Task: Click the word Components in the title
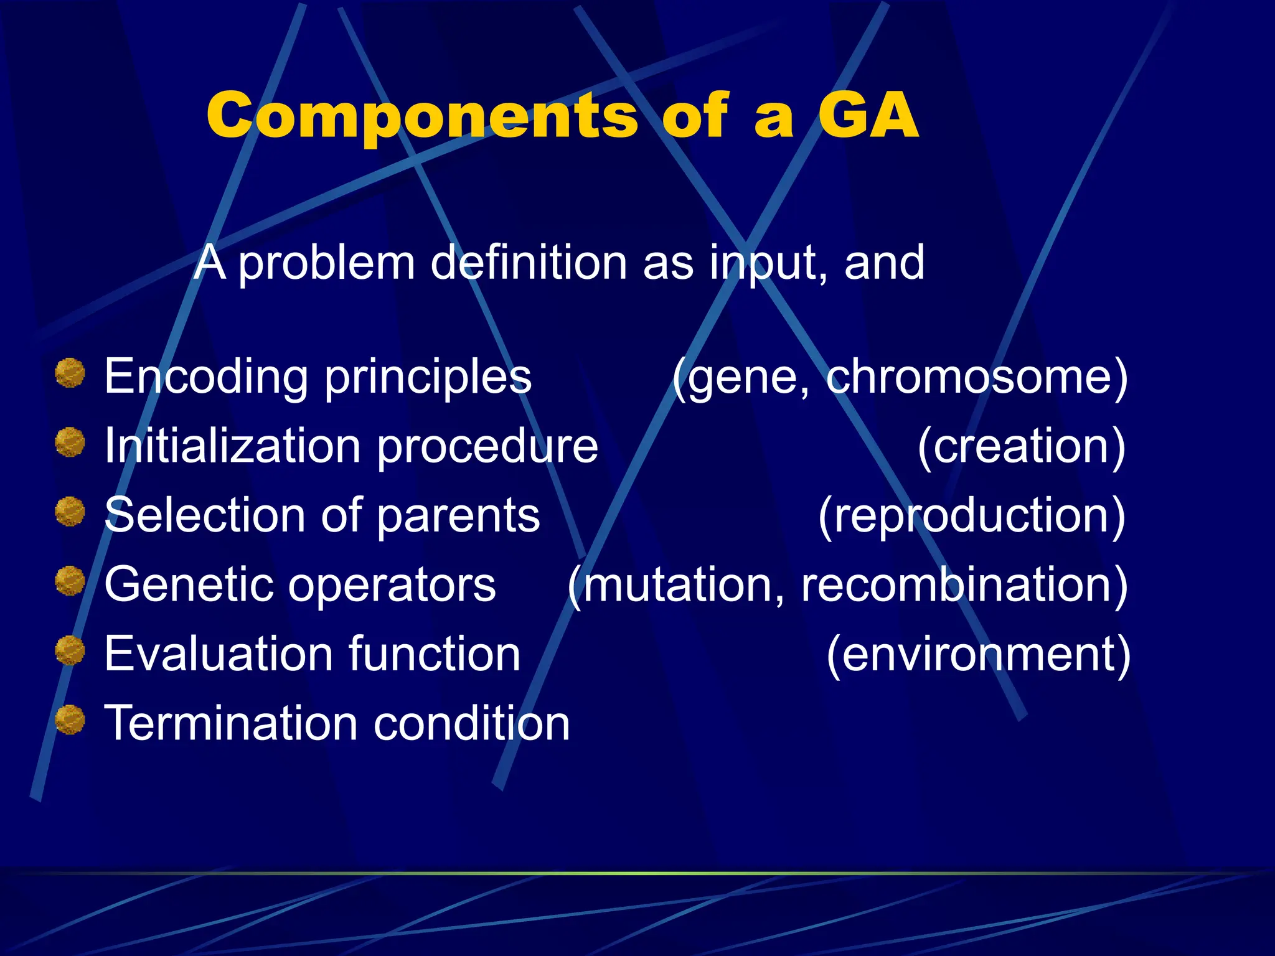pyautogui.click(x=422, y=117)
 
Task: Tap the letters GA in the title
pyautogui.click(x=868, y=116)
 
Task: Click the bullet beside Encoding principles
pyautogui.click(x=70, y=373)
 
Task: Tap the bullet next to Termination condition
pyautogui.click(x=70, y=719)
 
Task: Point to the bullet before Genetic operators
pyautogui.click(x=70, y=581)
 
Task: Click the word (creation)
pyautogui.click(x=1021, y=446)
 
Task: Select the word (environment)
pyautogui.click(x=977, y=654)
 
